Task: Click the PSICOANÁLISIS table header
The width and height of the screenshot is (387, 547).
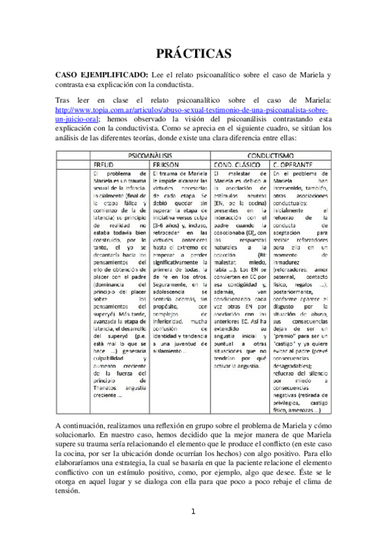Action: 134,156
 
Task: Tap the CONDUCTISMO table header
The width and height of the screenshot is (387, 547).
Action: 272,156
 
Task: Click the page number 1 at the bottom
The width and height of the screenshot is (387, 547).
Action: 193,513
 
